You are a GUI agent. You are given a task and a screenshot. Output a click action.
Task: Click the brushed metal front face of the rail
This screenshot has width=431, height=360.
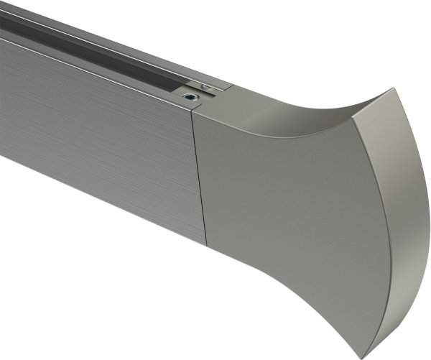[93, 137]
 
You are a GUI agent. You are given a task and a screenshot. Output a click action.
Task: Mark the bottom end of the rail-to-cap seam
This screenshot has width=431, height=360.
[207, 244]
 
